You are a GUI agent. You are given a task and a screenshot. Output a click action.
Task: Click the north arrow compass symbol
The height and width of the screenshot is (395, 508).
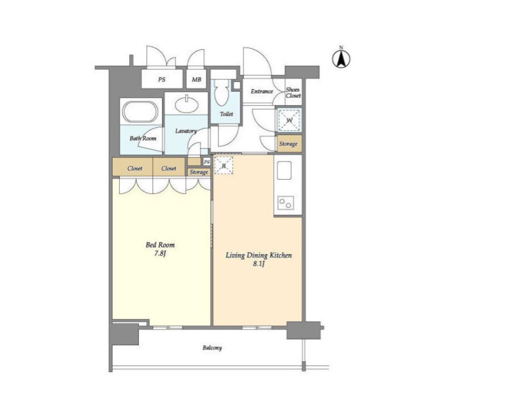[x=341, y=58]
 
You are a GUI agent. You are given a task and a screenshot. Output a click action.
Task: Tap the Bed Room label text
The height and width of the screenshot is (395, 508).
[x=160, y=245]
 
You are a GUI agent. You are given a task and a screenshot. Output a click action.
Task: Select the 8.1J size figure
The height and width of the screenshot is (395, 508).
[x=259, y=264]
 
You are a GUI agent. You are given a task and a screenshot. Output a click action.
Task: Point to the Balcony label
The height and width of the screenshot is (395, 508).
[x=212, y=348]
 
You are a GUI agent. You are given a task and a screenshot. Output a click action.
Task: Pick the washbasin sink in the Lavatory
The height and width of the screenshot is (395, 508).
[x=187, y=104]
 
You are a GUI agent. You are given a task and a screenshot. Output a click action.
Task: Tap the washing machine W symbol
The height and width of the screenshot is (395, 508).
[x=289, y=120]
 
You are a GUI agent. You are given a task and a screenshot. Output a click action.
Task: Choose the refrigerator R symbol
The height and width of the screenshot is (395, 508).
[x=224, y=165]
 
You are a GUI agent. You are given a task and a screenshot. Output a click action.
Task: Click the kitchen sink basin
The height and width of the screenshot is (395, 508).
[x=284, y=171]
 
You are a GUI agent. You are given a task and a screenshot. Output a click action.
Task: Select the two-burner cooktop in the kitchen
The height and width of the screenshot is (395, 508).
[x=286, y=203]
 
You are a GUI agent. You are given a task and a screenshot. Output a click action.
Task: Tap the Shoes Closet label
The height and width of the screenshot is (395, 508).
[x=293, y=92]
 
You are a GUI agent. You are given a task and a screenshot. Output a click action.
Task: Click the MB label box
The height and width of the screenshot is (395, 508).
[x=196, y=79]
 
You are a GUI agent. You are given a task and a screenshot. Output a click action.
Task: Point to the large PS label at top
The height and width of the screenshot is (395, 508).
[x=162, y=79]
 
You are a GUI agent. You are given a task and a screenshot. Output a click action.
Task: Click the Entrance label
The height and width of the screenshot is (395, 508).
[x=262, y=92]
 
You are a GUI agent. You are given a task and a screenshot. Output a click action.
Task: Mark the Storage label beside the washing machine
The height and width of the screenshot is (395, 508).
[x=288, y=144]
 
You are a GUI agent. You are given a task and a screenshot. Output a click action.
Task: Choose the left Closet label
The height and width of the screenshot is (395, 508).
[x=135, y=169]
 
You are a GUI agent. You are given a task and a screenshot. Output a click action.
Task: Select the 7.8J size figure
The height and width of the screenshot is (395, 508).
[x=160, y=254]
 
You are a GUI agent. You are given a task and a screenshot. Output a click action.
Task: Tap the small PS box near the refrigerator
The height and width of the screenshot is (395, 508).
[x=207, y=161]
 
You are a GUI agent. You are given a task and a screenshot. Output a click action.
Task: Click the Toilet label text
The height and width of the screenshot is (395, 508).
[x=226, y=114]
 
